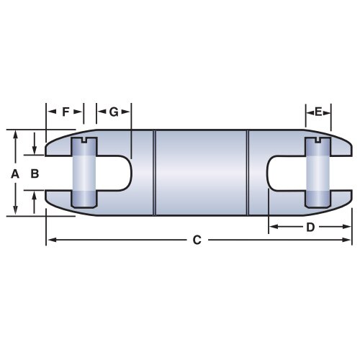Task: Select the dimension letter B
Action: pos(34,174)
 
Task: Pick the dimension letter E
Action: pos(318,112)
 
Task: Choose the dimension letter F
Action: pos(66,112)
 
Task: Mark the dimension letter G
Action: pos(114,112)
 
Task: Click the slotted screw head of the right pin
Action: pos(317,143)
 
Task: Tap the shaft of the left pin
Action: pos(84,174)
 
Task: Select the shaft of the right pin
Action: pos(317,174)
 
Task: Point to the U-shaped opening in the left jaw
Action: pos(115,174)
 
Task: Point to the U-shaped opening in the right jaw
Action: pos(284,174)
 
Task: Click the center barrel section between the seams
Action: pos(202,174)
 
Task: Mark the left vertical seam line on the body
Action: pos(156,174)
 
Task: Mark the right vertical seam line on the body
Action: pos(248,174)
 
